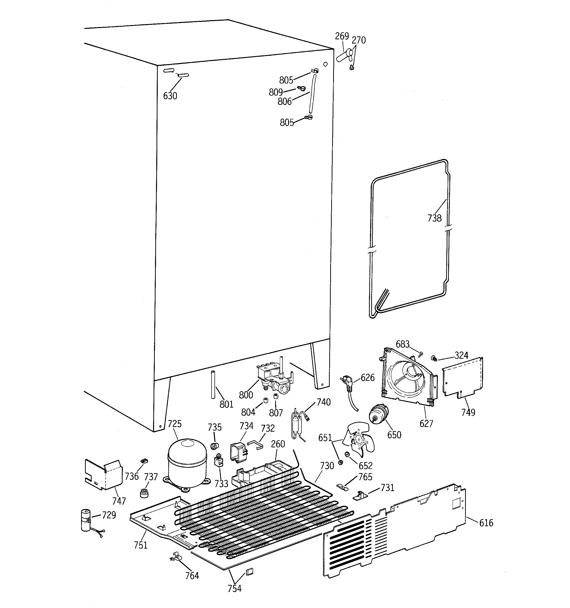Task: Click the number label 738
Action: [434, 218]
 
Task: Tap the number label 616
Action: [486, 523]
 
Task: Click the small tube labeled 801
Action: [212, 384]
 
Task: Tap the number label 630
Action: [170, 96]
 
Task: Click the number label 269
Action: [342, 36]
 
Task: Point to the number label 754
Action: [234, 588]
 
